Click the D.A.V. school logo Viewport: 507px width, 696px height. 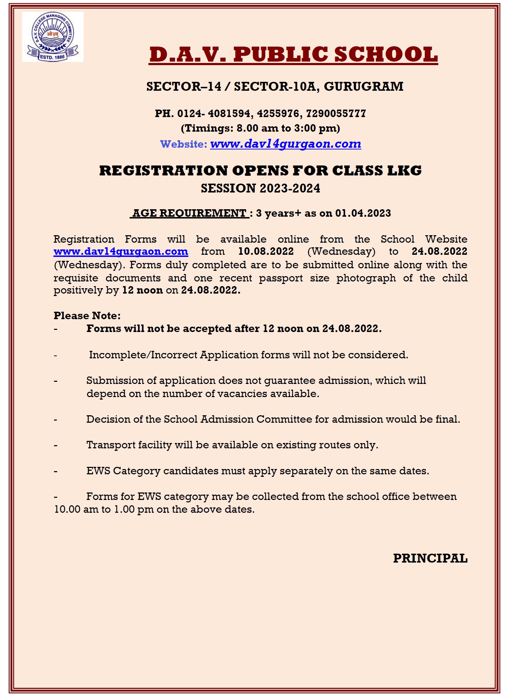[53, 37]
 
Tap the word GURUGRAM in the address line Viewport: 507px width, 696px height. [364, 86]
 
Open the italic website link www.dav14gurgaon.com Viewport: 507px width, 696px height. [286, 144]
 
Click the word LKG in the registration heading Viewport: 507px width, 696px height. [404, 170]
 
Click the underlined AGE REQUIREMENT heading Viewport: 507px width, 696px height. [189, 213]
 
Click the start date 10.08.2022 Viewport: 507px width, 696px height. [266, 252]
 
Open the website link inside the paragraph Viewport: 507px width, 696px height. [121, 252]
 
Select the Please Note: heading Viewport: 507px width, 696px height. [87, 316]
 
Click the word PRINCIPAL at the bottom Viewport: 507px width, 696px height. [430, 558]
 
